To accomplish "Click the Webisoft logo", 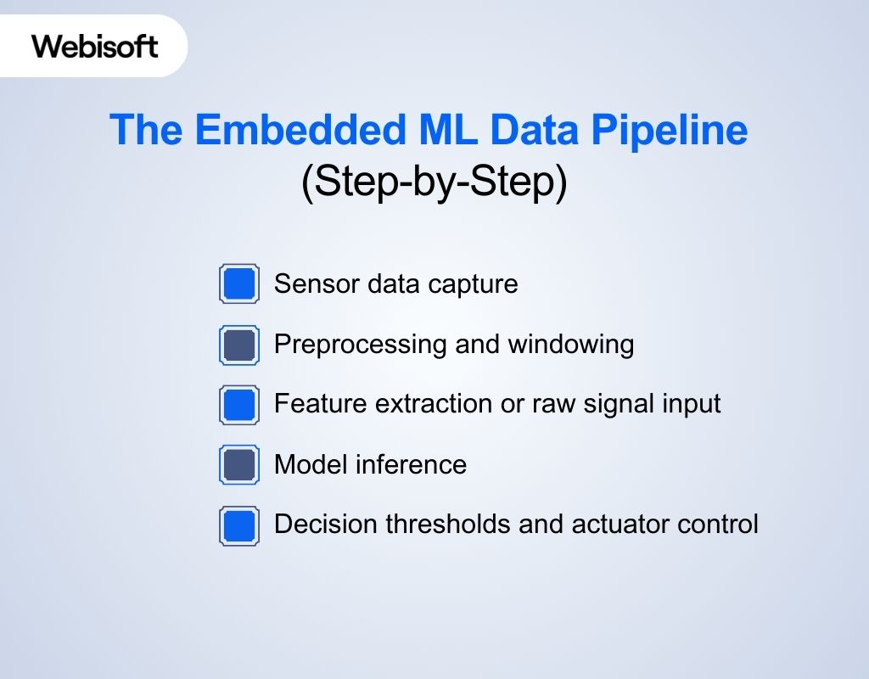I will [x=95, y=46].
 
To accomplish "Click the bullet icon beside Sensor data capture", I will [x=239, y=283].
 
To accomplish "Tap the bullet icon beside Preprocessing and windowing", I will [x=239, y=345].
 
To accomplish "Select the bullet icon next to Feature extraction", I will [x=239, y=405].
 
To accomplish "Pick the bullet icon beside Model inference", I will [x=239, y=465].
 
